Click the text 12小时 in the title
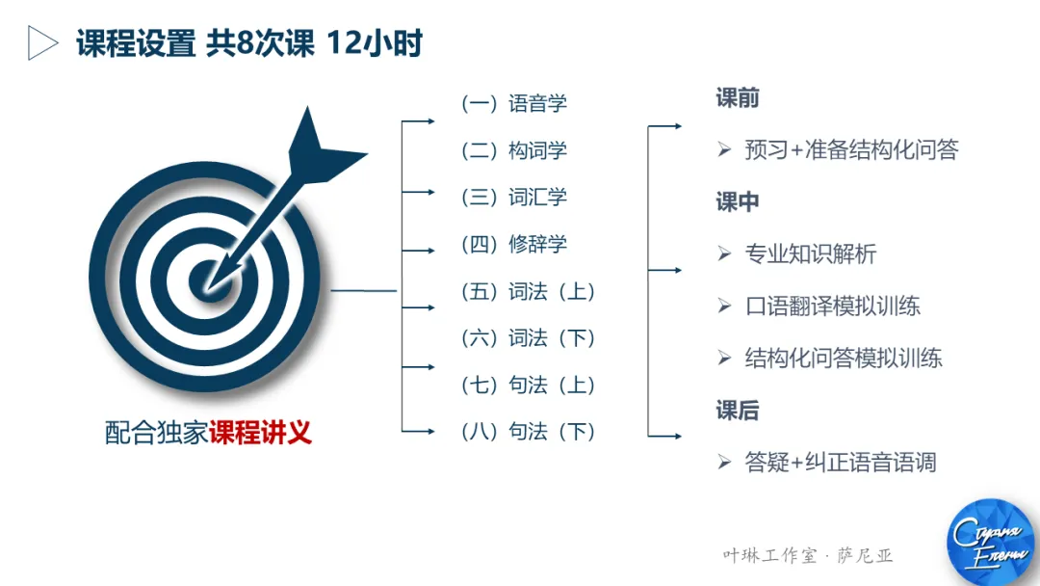click(x=375, y=43)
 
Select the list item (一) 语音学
click(x=514, y=103)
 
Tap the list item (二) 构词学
click(x=514, y=150)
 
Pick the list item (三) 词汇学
click(x=514, y=198)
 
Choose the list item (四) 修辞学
click(x=514, y=245)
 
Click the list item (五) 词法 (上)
click(x=529, y=291)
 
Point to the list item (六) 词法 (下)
click(x=529, y=338)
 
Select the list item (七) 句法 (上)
click(x=529, y=386)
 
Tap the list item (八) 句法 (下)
click(x=529, y=432)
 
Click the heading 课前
click(x=738, y=98)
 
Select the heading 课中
click(x=738, y=201)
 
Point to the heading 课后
click(x=738, y=411)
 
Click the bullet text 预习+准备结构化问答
click(x=851, y=150)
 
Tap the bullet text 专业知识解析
click(x=810, y=254)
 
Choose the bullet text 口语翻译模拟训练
click(x=832, y=306)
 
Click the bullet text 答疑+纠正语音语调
click(x=840, y=463)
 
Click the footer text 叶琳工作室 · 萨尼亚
click(x=808, y=556)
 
